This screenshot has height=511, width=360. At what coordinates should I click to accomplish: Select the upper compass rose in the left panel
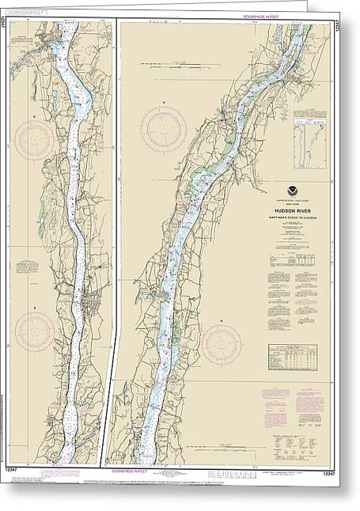34,140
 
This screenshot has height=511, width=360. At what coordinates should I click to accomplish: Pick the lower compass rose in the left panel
35,331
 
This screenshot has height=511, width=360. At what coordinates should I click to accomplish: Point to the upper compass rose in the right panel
164,127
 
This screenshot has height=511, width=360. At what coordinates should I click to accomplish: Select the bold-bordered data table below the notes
294,357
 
